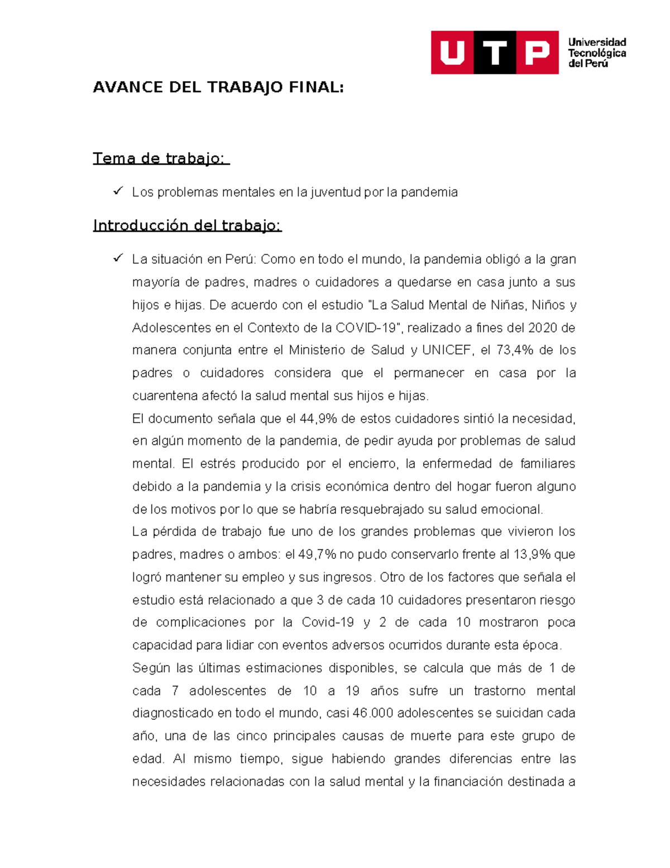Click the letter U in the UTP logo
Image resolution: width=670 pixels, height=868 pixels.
coord(452,53)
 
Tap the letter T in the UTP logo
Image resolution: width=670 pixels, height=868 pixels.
coord(495,53)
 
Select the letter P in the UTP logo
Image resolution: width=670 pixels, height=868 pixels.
coord(537,53)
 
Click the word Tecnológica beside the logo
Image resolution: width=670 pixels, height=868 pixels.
coord(597,53)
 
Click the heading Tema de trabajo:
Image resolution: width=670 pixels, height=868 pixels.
coord(161,159)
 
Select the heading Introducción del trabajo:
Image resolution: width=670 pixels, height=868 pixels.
coord(187,225)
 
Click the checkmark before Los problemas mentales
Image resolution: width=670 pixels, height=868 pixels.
coord(118,191)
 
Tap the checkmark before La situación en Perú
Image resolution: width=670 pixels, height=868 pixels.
coord(118,258)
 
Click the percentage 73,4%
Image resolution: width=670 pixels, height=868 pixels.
coord(515,350)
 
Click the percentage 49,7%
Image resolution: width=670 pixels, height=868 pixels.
coord(317,554)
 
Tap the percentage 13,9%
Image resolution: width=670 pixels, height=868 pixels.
coord(532,554)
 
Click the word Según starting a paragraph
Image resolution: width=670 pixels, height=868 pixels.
coord(151,668)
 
